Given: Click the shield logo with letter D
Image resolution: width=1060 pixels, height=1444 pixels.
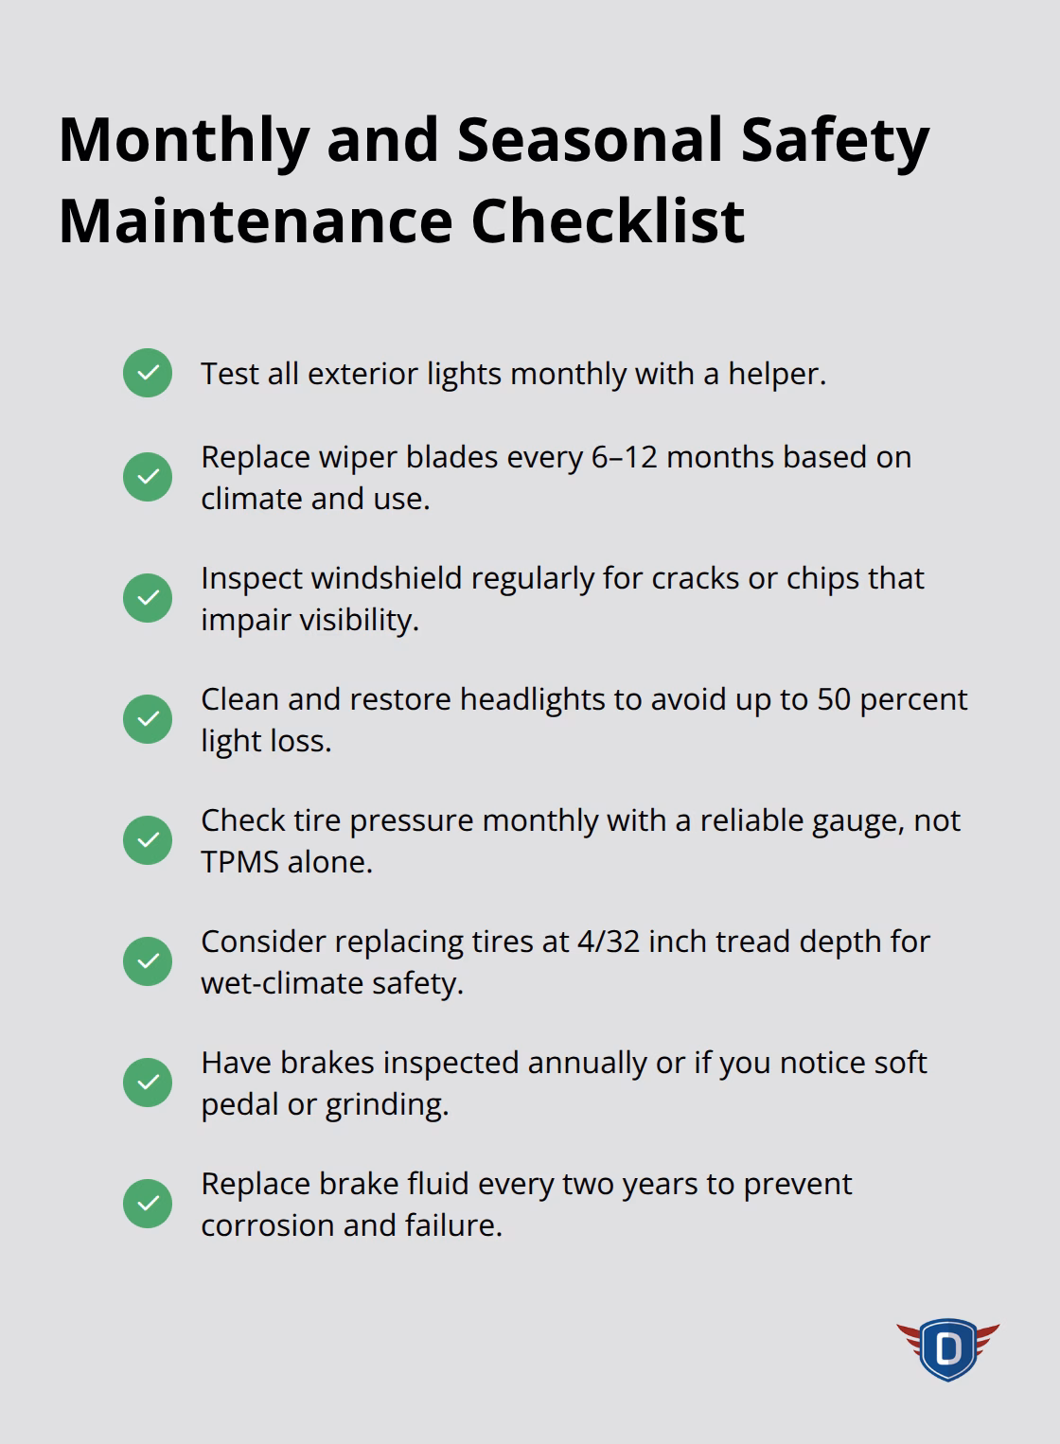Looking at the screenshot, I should pos(947,1348).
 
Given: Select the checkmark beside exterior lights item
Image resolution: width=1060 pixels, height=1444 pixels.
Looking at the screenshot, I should pos(148,373).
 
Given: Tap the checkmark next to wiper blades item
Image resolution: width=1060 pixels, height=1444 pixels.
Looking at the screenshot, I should pos(148,476).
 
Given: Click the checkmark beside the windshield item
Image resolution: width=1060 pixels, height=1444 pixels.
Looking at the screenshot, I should pos(148,597).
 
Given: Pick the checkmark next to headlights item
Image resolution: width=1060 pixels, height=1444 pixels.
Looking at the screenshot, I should pos(148,718).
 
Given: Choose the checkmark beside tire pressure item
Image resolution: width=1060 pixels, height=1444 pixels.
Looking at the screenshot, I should pos(148,839).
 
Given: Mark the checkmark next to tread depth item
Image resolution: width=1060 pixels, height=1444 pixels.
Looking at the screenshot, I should pos(148,960).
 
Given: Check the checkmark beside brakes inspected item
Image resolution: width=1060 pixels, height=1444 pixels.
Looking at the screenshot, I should pos(148,1082).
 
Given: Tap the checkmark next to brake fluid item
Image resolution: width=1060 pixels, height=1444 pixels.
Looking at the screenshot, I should pos(148,1203).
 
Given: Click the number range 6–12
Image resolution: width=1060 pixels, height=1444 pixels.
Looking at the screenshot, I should pos(624,457).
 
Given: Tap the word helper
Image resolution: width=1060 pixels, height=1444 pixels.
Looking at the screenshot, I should pos(776,374).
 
